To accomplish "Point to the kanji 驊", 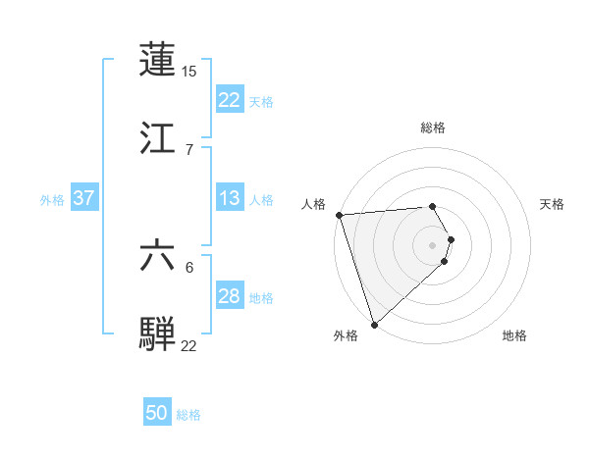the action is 158,333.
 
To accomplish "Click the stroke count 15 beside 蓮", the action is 189,71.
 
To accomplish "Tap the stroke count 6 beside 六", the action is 188,267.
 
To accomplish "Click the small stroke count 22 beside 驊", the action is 189,344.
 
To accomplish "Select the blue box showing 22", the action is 229,100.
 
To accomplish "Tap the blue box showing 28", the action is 229,296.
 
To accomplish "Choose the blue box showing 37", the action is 83,198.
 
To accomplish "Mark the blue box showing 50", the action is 157,414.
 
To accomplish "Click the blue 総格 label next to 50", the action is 188,415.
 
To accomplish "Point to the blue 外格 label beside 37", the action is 52,199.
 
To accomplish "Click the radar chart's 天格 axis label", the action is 553,204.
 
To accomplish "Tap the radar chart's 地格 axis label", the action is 514,335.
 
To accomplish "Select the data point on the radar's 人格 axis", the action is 339,215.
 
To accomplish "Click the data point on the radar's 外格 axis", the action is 374,324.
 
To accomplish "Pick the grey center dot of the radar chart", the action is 432,244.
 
